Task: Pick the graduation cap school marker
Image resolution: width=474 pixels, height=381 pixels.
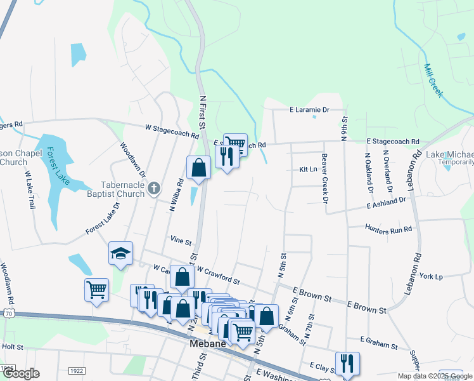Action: pyautogui.click(x=120, y=254)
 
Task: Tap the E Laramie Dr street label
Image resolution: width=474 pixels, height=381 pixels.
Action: pyautogui.click(x=310, y=110)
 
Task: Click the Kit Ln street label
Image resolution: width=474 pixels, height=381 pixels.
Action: pyautogui.click(x=307, y=170)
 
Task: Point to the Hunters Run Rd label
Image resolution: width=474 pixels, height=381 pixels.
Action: pyautogui.click(x=388, y=228)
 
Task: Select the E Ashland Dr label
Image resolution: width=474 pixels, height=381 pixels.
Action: pyautogui.click(x=385, y=203)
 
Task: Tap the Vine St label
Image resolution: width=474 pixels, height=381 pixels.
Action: pyautogui.click(x=181, y=241)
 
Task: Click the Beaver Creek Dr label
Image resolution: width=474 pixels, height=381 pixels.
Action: pyautogui.click(x=324, y=178)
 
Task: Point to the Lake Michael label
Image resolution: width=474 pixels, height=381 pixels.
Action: pyautogui.click(x=449, y=155)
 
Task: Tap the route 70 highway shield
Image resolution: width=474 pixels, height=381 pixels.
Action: pyautogui.click(x=7, y=314)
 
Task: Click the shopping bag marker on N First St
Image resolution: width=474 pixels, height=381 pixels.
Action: pyautogui.click(x=198, y=168)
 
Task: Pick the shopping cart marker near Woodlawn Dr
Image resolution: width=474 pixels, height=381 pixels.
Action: pyautogui.click(x=96, y=290)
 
